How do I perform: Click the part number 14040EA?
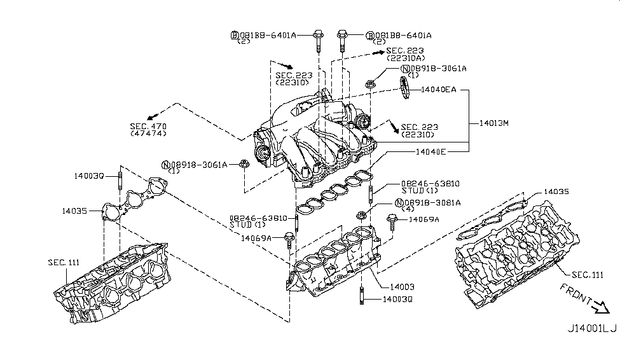(439, 90)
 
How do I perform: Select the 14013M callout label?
(491, 123)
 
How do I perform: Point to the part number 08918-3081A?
(436, 203)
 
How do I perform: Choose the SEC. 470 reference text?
(148, 127)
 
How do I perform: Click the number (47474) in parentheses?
(148, 134)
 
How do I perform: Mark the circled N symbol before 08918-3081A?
(399, 203)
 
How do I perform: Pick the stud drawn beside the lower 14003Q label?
(361, 297)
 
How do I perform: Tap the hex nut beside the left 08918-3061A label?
(244, 164)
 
